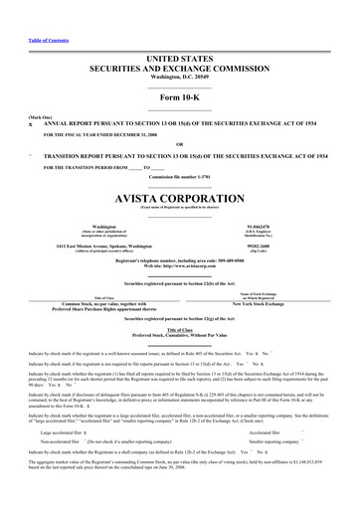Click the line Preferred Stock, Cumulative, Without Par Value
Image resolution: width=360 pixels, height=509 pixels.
180,335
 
